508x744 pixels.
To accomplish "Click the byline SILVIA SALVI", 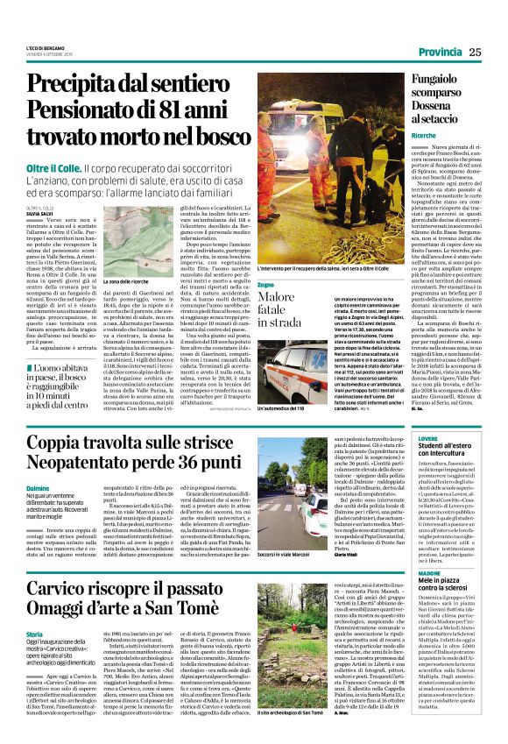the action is click(x=39, y=188).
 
